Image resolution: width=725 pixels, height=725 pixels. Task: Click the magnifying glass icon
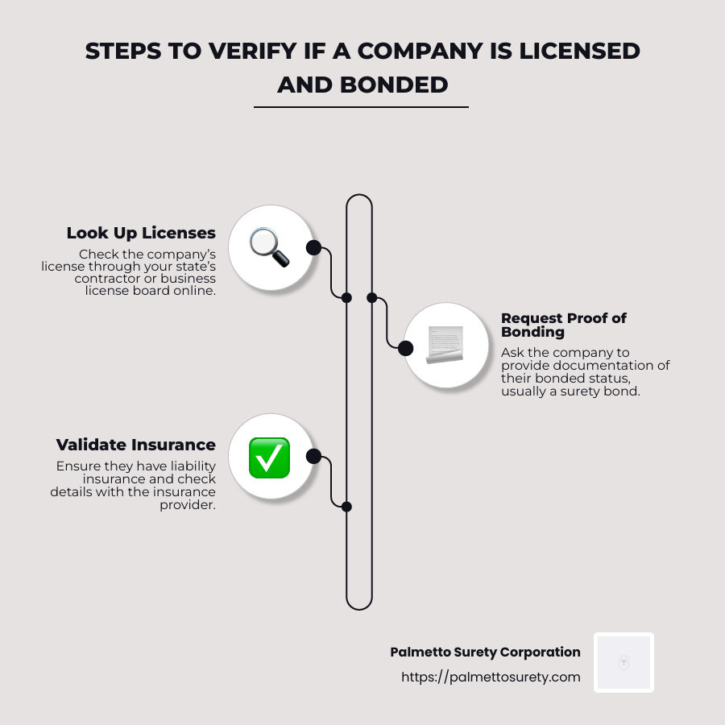(x=270, y=247)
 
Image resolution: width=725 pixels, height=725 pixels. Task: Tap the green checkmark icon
(x=269, y=458)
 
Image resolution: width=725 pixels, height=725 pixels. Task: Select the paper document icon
(x=445, y=345)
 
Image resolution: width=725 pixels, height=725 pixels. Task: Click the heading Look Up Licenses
(x=141, y=233)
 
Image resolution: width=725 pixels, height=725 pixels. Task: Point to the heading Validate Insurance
(x=136, y=445)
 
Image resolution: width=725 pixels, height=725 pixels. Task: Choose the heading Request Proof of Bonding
(x=564, y=325)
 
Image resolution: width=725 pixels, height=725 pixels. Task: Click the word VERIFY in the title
(x=252, y=51)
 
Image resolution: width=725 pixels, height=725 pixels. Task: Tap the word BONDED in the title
(x=394, y=85)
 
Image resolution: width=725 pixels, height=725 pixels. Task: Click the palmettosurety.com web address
(x=491, y=677)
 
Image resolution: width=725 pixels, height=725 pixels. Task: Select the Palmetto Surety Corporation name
(x=485, y=652)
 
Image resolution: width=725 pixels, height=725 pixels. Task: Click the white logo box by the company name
(x=623, y=663)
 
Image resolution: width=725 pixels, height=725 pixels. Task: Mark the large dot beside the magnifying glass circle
(x=313, y=247)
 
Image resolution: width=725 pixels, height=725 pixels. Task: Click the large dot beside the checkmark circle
(x=313, y=457)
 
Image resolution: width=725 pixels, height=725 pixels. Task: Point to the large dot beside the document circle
(x=405, y=348)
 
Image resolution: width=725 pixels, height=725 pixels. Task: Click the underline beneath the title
(x=361, y=107)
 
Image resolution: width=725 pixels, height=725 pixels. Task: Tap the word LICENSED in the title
(x=579, y=51)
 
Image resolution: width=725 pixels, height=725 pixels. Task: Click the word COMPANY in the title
(x=420, y=51)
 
